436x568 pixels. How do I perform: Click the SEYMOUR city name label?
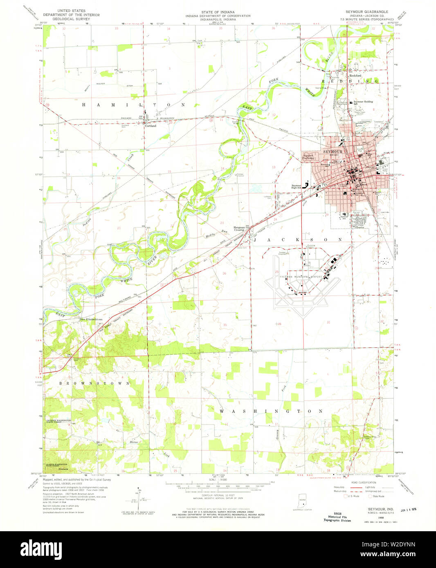(x=333, y=152)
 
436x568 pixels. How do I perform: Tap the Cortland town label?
(x=151, y=126)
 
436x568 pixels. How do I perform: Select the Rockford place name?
(x=355, y=76)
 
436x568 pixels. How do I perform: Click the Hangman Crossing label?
(x=239, y=228)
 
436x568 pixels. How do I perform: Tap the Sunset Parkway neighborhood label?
(x=308, y=157)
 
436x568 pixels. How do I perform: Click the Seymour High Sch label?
(x=296, y=186)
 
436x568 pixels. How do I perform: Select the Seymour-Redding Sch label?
(x=363, y=102)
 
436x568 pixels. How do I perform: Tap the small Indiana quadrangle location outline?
(x=302, y=502)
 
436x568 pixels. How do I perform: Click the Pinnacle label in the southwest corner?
(x=64, y=469)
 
